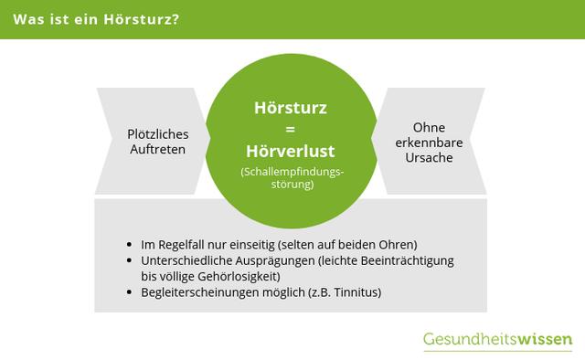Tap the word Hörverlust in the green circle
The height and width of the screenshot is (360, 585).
[x=290, y=151]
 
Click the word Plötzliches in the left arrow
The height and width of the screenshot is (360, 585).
[x=158, y=133]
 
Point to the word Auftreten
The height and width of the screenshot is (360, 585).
[x=158, y=148]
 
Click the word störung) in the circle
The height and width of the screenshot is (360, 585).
[x=291, y=183]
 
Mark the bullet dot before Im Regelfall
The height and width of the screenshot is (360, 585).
[x=133, y=246]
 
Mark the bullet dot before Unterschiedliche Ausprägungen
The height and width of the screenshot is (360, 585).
[x=133, y=261]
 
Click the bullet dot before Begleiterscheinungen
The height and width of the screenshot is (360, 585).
[x=133, y=293]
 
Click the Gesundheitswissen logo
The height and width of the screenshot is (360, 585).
[x=497, y=340]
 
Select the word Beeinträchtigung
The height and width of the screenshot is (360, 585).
[x=409, y=260]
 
